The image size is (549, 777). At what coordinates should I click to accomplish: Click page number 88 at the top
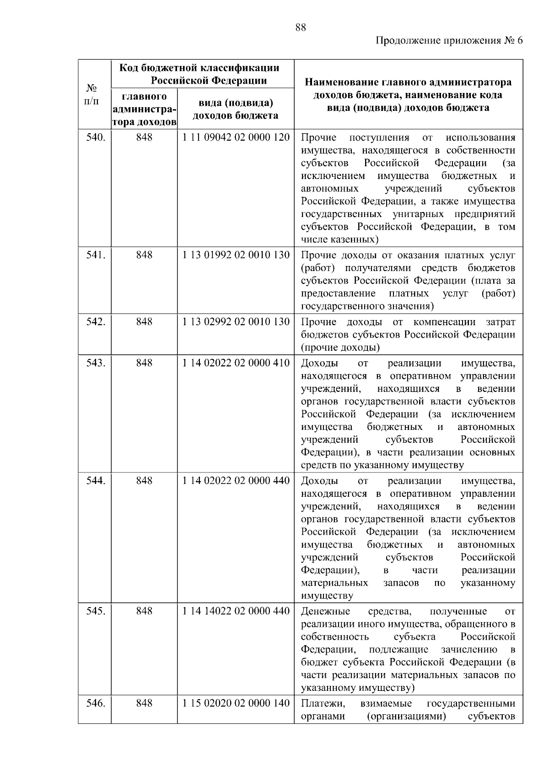tap(300, 27)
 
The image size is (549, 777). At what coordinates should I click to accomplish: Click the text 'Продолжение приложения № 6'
tap(449, 41)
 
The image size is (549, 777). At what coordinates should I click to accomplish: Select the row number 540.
tap(96, 137)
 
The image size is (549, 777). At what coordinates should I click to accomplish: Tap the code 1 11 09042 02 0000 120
tap(236, 137)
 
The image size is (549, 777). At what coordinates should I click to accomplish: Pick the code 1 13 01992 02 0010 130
tap(236, 255)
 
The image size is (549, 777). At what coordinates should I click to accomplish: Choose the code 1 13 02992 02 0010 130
tap(236, 322)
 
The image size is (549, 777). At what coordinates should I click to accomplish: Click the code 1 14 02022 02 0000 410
tap(236, 363)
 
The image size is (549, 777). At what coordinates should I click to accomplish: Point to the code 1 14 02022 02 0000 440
tap(236, 481)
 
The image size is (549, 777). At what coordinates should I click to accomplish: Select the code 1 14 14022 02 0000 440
tap(236, 611)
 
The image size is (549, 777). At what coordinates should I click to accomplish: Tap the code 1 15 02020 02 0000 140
tap(236, 703)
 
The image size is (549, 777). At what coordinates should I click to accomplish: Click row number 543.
tap(96, 363)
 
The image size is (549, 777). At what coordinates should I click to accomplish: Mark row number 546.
tap(96, 703)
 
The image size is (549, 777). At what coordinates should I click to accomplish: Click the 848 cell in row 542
tap(144, 322)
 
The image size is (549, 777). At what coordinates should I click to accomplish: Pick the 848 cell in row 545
tap(144, 611)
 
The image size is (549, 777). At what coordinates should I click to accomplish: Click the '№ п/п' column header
tap(92, 94)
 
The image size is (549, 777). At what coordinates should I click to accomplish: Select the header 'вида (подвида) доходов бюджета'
tap(236, 109)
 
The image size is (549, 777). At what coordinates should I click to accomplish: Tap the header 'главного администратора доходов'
tap(144, 109)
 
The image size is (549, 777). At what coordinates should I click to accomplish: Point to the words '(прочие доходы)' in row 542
tap(340, 348)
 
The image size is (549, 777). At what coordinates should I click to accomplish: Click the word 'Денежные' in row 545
tap(325, 611)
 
